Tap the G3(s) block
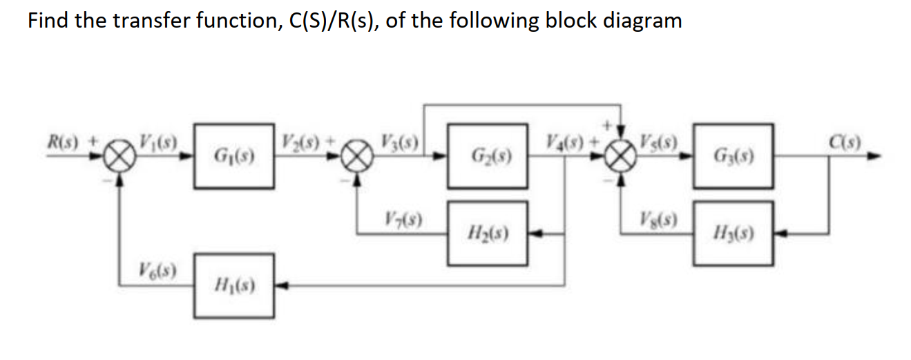pos(733,157)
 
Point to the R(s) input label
pos(64,145)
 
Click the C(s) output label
pos(851,145)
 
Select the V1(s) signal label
pos(158,146)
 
